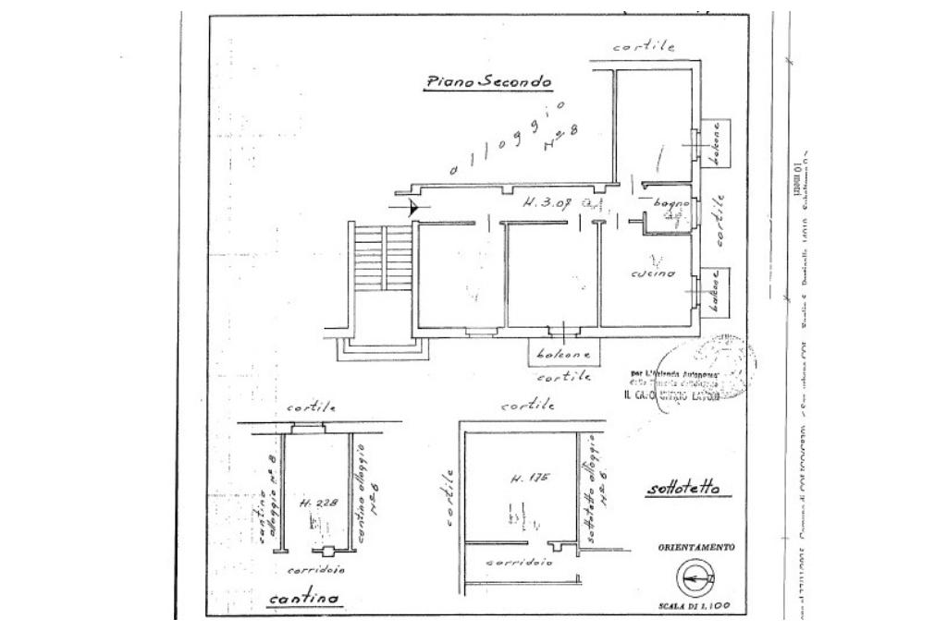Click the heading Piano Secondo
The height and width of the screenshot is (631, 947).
[487, 82]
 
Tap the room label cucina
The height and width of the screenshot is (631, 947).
[653, 273]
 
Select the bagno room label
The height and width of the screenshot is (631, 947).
[668, 202]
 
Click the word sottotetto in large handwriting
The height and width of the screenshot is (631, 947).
[683, 489]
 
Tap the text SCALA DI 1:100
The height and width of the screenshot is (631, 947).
[696, 605]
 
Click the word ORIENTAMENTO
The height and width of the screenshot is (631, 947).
[696, 548]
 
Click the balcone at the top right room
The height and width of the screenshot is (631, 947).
[714, 144]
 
